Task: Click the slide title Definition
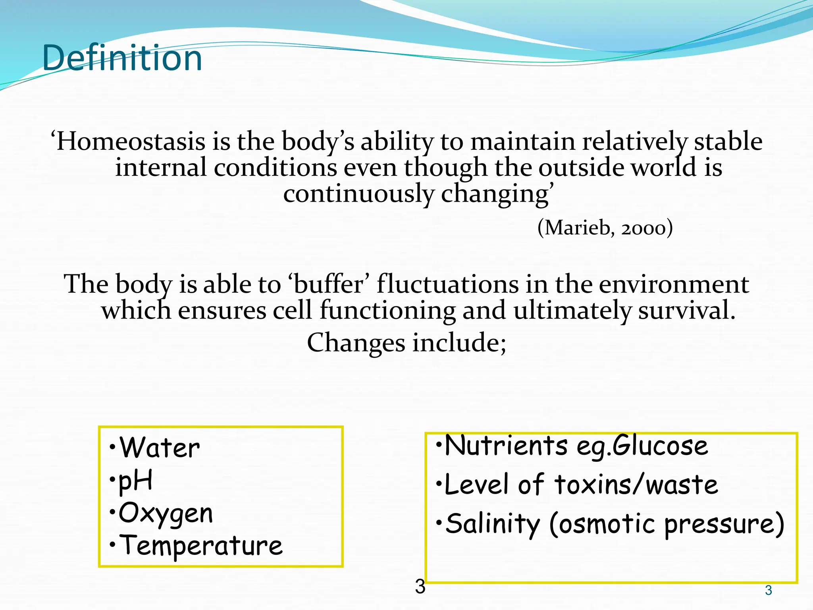(122, 58)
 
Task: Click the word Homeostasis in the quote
(131, 142)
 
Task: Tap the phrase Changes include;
(406, 343)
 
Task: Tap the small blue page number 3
(769, 591)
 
